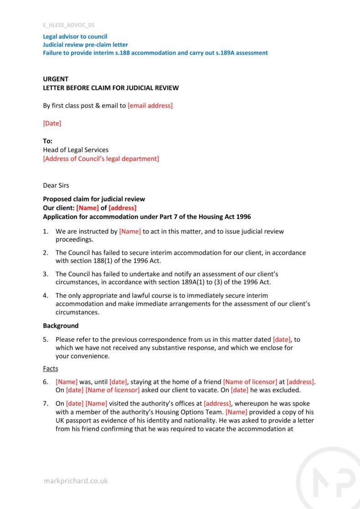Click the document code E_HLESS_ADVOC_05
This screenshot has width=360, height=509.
[x=68, y=25]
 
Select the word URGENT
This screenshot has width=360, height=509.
[x=56, y=79]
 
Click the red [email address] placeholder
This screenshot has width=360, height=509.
[x=150, y=106]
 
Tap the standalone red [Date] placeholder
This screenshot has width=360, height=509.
[x=52, y=123]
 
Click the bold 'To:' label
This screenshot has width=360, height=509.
[x=48, y=141]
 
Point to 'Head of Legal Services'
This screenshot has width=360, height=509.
[x=76, y=150]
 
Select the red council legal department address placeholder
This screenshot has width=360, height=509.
[x=101, y=158]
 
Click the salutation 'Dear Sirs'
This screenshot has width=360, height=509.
[x=56, y=185]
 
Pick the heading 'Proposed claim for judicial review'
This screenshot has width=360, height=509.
[x=94, y=199]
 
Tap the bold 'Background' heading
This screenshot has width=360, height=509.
[x=61, y=326]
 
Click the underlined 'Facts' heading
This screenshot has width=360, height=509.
[x=51, y=369]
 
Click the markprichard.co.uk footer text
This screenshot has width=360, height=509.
[x=76, y=481]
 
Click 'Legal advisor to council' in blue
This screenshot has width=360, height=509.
[x=75, y=36]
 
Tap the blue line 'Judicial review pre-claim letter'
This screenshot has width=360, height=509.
[x=85, y=45]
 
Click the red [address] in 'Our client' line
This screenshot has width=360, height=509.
[x=122, y=208]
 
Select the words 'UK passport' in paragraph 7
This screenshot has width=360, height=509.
[x=73, y=421]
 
